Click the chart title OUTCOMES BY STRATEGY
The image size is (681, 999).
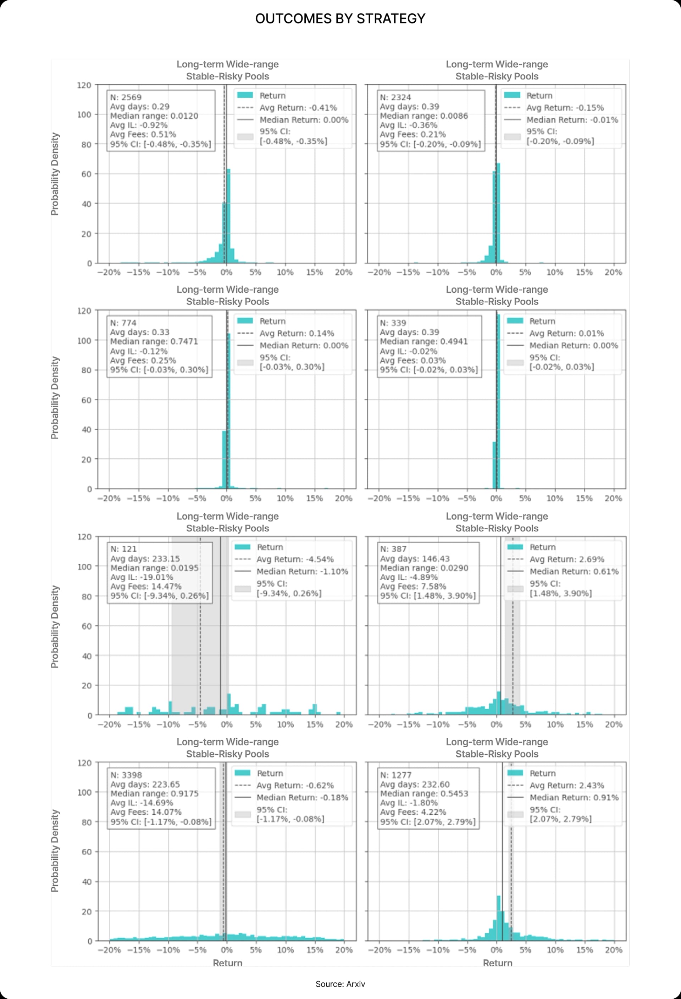tap(340, 18)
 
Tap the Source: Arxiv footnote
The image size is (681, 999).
tap(340, 984)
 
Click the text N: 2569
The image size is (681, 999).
tap(126, 97)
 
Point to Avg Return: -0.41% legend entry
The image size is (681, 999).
tap(298, 107)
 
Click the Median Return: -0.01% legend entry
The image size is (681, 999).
tap(572, 119)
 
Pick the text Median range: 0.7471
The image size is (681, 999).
tap(154, 341)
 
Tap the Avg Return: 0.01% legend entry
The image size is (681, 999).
tap(566, 333)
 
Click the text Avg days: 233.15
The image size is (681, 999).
tap(145, 558)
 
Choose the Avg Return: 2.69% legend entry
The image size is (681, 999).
tap(566, 559)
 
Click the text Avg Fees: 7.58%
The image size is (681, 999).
tap(413, 586)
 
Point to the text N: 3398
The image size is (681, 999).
tap(126, 775)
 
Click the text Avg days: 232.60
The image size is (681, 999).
tap(414, 784)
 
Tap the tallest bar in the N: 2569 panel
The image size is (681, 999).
tap(228, 215)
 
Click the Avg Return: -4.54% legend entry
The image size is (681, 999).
tap(295, 559)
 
